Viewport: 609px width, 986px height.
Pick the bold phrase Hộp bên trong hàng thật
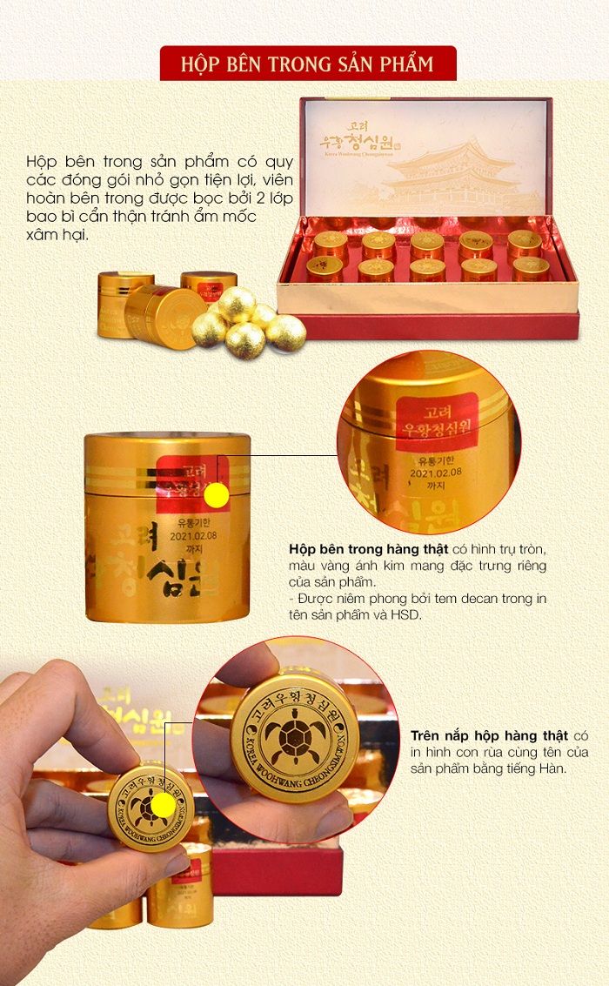[x=368, y=550]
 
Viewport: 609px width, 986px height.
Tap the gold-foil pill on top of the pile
[x=236, y=302]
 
